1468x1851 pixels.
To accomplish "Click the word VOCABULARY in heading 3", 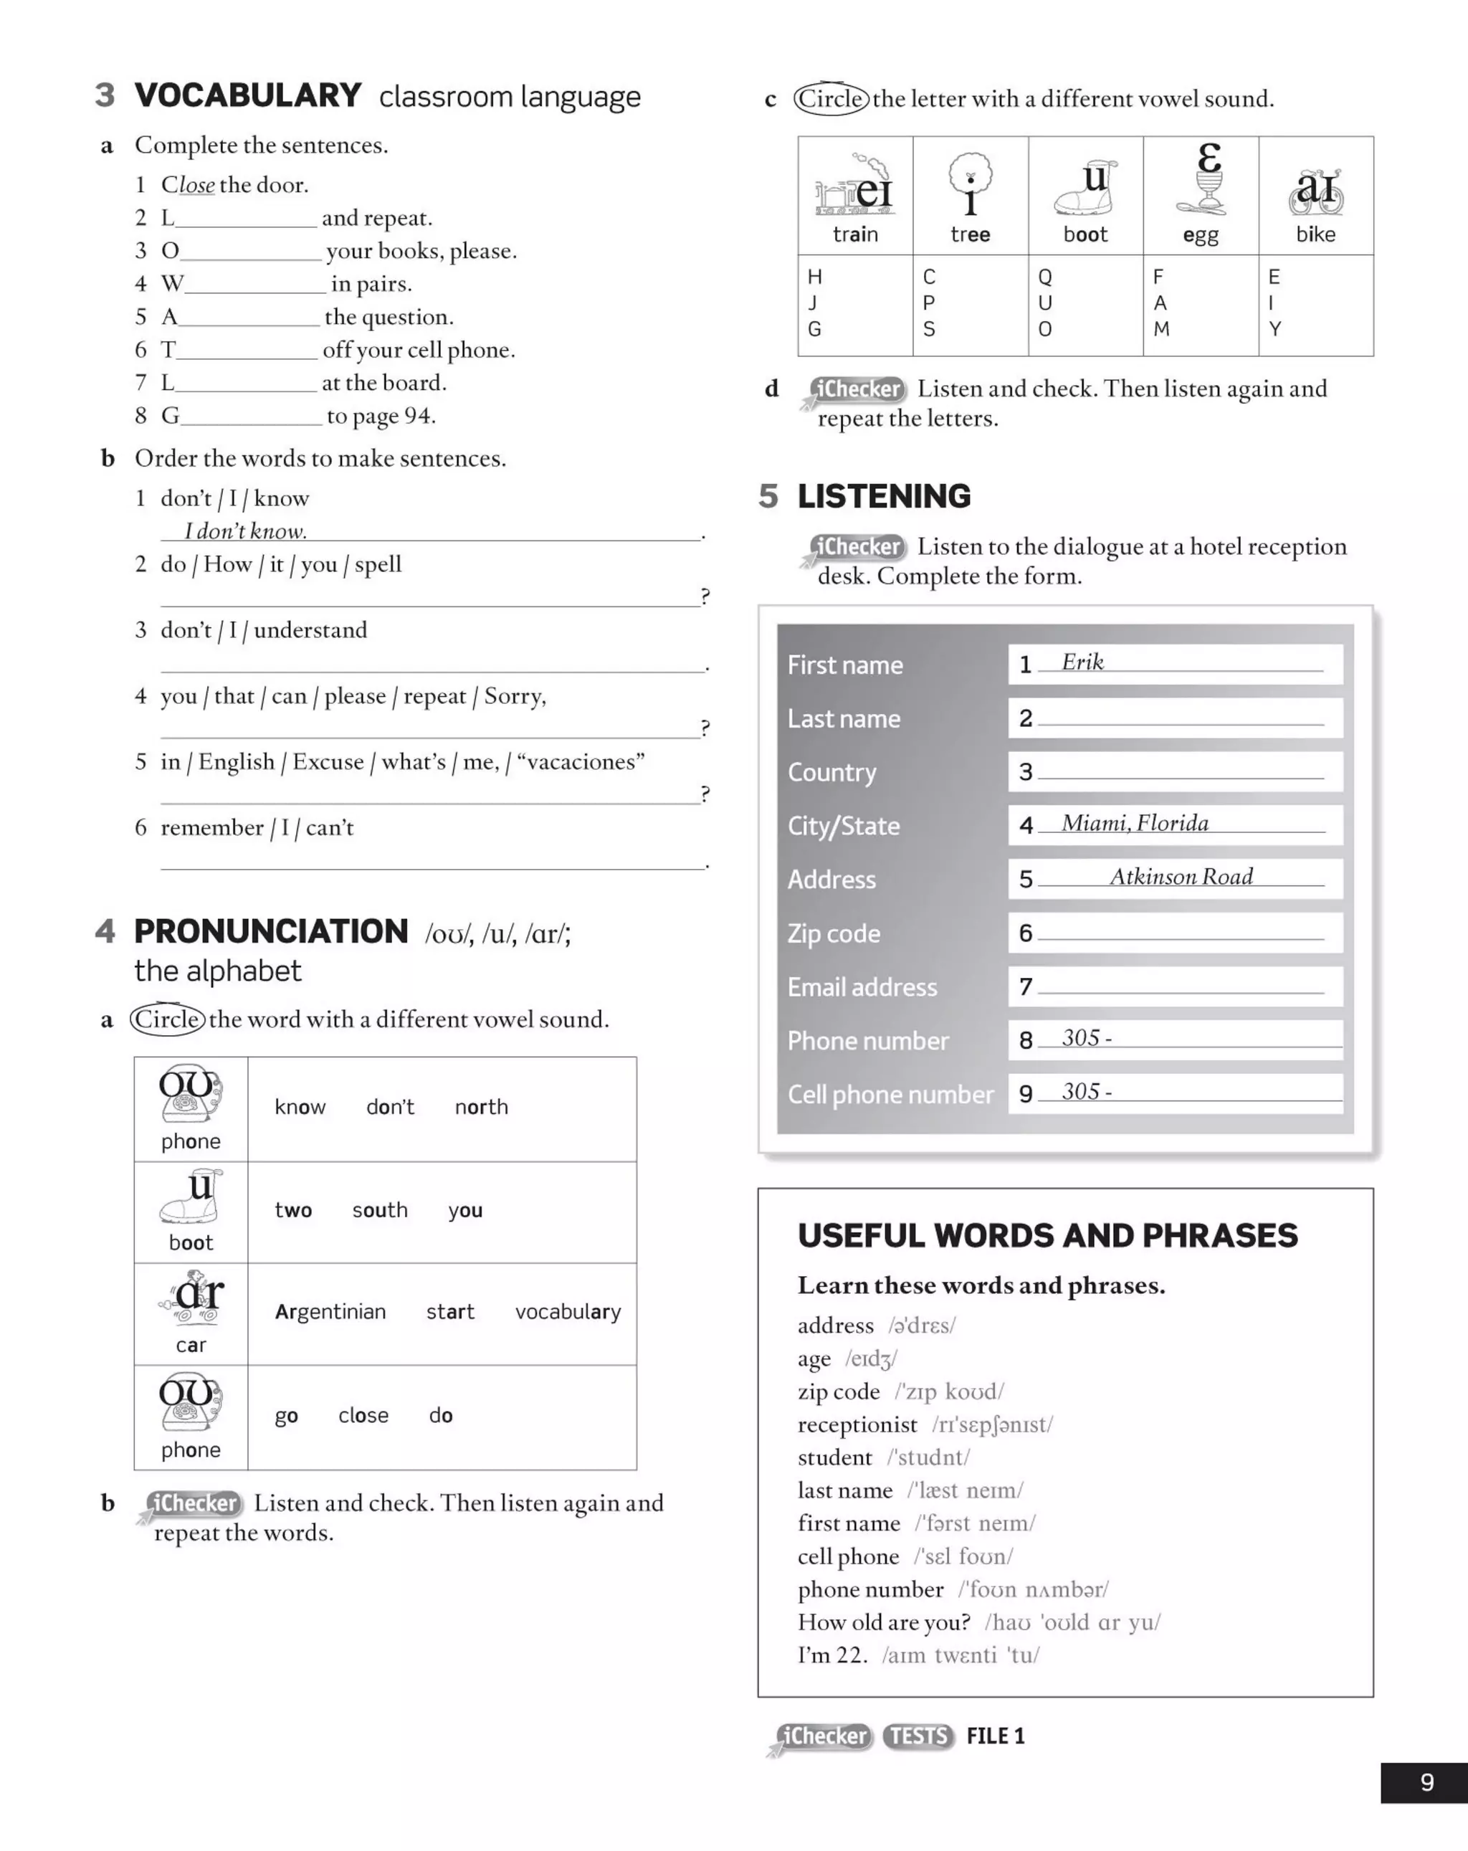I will tap(247, 95).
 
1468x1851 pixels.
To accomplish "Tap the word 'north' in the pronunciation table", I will tap(481, 1107).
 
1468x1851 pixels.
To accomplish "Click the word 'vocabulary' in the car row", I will tap(568, 1312).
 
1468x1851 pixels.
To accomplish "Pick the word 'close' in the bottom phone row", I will tap(363, 1415).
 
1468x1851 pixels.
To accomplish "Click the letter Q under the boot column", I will tap(1045, 277).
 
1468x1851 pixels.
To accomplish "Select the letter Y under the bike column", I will tap(1275, 329).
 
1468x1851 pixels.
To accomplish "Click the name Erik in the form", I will tap(1082, 662).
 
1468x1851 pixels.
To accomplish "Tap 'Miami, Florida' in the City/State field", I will tap(1135, 823).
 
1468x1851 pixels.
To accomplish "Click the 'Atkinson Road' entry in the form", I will tap(1181, 877).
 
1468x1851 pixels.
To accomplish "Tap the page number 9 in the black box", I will tap(1427, 1782).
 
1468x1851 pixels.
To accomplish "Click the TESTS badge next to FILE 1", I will tap(917, 1736).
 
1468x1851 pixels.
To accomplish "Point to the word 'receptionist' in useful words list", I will tap(857, 1424).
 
